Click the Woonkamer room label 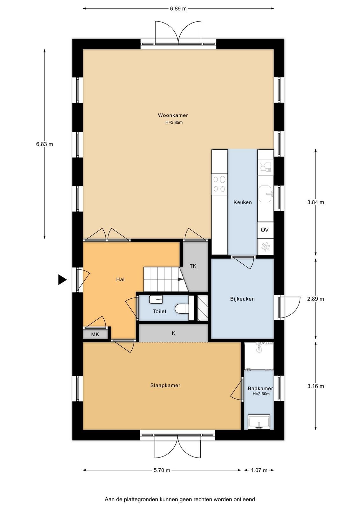(x=173, y=115)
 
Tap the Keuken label (x=243, y=202)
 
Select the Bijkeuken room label (x=242, y=299)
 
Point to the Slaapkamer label (x=165, y=385)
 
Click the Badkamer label (x=260, y=388)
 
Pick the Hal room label (x=121, y=279)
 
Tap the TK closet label (x=193, y=266)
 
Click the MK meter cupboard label (x=95, y=334)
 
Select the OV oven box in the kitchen (x=265, y=230)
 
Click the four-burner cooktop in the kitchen (x=219, y=184)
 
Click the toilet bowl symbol (x=182, y=309)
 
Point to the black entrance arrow (x=62, y=280)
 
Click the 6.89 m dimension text (x=178, y=9)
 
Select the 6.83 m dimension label (x=45, y=144)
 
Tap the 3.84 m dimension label (x=316, y=202)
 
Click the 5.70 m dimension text (x=162, y=470)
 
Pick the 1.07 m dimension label (x=259, y=470)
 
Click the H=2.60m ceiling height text (x=261, y=394)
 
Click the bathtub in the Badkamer (x=259, y=422)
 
